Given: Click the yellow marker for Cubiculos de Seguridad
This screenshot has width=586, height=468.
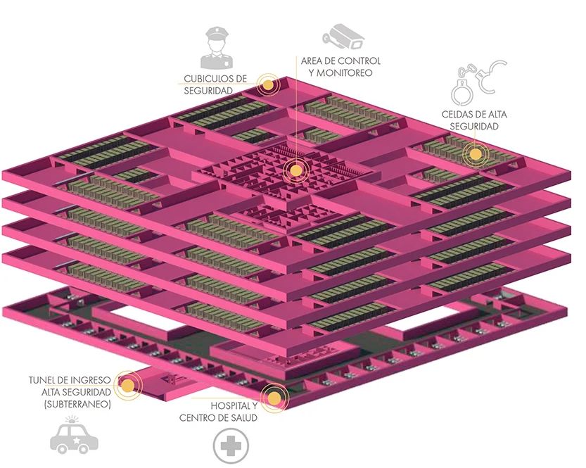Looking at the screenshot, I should point(267,85).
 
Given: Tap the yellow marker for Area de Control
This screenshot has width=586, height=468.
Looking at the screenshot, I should point(295,170).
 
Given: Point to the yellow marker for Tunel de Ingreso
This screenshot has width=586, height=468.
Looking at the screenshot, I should point(127,385).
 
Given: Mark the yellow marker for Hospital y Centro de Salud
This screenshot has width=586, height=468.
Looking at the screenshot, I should point(273,398).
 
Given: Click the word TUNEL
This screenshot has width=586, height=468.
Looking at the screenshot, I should point(44,381).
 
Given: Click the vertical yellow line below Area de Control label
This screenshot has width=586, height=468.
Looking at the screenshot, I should point(295,120).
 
